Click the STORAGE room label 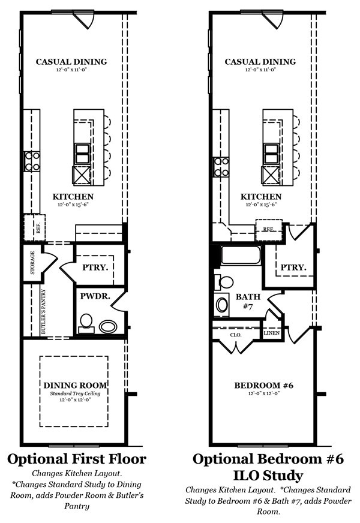coord(32,263)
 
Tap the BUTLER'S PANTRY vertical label coord(43,311)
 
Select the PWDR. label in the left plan coord(95,296)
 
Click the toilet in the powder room coord(86,323)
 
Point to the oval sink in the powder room coord(108,326)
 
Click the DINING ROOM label coord(75,385)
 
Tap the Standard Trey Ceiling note coord(75,393)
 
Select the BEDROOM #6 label coord(263,385)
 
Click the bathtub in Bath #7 coord(241,255)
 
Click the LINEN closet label coord(272,333)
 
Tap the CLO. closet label coord(236,335)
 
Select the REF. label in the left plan coord(39,229)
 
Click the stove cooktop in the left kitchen coord(32,161)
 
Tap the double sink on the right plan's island coord(271,154)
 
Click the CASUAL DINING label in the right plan coord(260,62)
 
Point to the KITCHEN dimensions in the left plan coord(73,205)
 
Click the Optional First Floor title coord(77,459)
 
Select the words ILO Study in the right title coord(268,475)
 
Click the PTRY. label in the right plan coord(293,267)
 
